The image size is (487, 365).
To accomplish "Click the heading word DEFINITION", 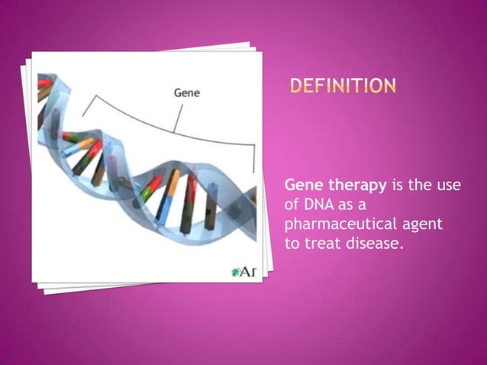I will [343, 86].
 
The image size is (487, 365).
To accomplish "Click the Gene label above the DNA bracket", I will [188, 93].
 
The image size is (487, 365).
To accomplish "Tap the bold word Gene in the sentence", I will [301, 186].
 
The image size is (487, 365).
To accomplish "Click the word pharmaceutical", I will [337, 226].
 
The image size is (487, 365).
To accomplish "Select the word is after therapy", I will [397, 186].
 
